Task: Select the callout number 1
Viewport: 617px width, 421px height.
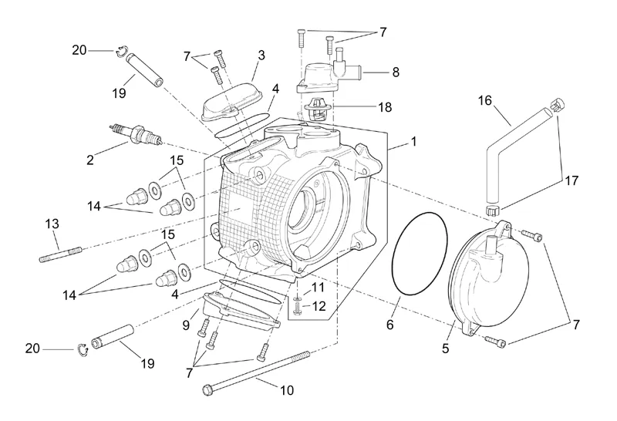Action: pyautogui.click(x=413, y=143)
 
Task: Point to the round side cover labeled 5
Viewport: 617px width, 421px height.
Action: pyautogui.click(x=486, y=281)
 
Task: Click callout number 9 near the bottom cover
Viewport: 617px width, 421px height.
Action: pyautogui.click(x=186, y=326)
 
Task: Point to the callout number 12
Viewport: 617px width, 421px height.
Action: pyautogui.click(x=319, y=306)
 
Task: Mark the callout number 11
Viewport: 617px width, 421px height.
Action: pyautogui.click(x=319, y=288)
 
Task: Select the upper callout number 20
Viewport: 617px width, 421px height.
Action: pyautogui.click(x=79, y=51)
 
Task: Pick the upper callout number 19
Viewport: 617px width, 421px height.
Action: pyautogui.click(x=118, y=93)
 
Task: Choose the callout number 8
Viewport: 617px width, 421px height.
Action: pyautogui.click(x=395, y=72)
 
